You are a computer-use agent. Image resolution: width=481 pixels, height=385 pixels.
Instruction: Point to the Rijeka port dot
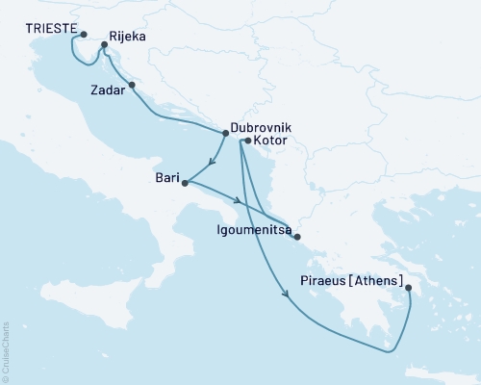pyautogui.click(x=104, y=44)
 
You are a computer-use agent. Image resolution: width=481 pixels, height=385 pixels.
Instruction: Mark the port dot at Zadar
pyautogui.click(x=132, y=86)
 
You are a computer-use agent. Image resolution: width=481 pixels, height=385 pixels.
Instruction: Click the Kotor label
pyautogui.click(x=270, y=141)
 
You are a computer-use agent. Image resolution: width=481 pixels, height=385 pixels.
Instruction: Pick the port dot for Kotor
pyautogui.click(x=248, y=141)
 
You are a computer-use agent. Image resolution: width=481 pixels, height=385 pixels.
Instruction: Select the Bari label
pyautogui.click(x=167, y=177)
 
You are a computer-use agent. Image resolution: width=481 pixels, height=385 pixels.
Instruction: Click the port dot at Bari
pyautogui.click(x=185, y=181)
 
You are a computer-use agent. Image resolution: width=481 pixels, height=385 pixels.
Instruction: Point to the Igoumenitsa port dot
pyautogui.click(x=297, y=237)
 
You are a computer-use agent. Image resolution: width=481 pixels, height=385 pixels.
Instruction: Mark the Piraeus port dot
pyautogui.click(x=408, y=288)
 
